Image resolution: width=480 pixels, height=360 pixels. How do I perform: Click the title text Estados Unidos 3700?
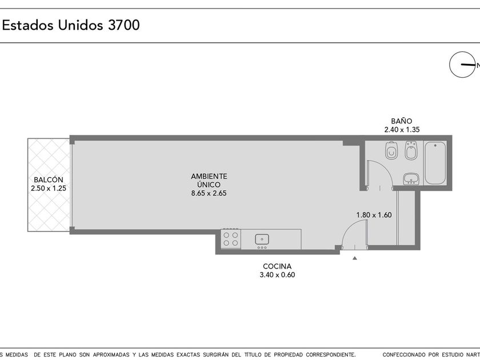click(71, 25)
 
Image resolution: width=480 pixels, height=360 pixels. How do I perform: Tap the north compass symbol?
click(462, 64)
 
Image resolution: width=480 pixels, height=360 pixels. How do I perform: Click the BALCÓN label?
click(49, 179)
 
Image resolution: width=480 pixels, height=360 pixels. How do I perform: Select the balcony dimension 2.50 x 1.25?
click(49, 188)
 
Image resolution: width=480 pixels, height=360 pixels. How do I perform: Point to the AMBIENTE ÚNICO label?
click(209, 181)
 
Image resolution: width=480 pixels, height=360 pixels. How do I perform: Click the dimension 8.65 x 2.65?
click(209, 193)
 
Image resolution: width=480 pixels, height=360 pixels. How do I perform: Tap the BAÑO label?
click(402, 121)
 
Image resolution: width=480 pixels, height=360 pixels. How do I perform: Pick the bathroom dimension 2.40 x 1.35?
click(402, 130)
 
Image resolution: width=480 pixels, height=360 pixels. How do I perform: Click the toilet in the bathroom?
click(391, 150)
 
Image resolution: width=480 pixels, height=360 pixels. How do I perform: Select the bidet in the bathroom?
click(410, 150)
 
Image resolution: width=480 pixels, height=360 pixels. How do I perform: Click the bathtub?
click(435, 163)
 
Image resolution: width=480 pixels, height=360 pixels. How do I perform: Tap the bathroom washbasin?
click(411, 179)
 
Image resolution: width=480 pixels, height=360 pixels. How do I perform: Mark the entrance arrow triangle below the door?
click(354, 258)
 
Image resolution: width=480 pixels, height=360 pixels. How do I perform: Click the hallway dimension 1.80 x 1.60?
click(374, 215)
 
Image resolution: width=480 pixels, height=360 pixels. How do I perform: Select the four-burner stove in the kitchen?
click(230, 239)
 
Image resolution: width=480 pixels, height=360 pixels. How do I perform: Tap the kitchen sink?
click(262, 239)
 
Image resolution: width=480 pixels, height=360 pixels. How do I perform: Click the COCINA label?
click(277, 266)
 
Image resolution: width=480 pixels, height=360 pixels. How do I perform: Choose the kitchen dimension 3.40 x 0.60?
click(277, 275)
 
